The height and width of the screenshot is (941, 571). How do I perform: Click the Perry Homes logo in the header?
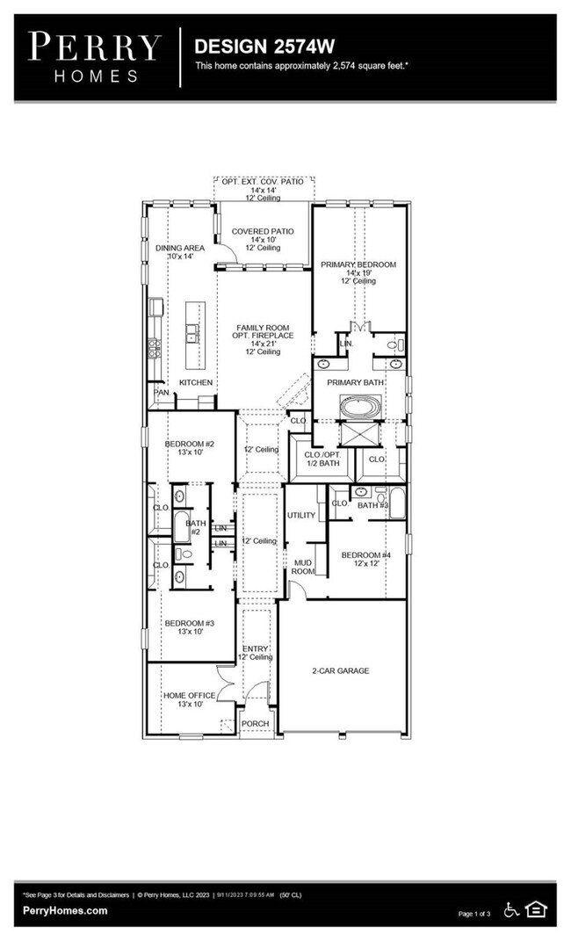point(95,57)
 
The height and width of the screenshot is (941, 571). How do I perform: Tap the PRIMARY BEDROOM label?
point(358,264)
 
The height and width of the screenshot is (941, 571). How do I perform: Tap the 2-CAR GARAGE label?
point(340,670)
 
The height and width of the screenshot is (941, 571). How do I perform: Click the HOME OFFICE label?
point(188,696)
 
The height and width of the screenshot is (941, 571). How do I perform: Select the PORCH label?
point(255,724)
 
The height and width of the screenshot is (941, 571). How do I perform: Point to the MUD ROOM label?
point(302,566)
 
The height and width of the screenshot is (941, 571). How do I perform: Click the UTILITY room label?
point(300,515)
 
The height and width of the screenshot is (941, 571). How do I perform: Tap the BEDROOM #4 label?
point(366,555)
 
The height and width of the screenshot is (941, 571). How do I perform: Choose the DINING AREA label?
point(180,249)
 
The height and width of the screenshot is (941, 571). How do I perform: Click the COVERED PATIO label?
point(263,232)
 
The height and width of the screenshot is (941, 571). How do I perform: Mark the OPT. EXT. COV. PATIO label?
point(263,181)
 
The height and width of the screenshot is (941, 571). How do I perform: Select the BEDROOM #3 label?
point(189,623)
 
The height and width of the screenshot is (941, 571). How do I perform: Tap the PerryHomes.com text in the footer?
point(65,911)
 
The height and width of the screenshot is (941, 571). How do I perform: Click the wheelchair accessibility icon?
point(511,909)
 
